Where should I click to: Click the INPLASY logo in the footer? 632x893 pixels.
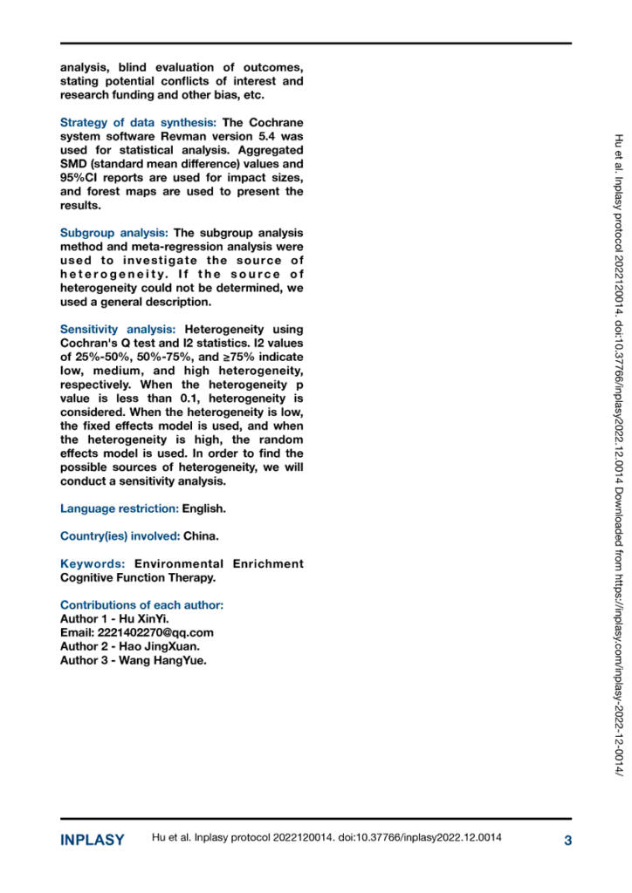pyautogui.click(x=92, y=841)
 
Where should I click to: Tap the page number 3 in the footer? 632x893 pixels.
pyautogui.click(x=567, y=841)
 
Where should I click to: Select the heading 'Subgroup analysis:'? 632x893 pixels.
pyautogui.click(x=114, y=233)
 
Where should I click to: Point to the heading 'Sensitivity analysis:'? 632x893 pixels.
pyautogui.click(x=118, y=329)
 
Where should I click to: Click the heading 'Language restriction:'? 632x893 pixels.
pyautogui.click(x=119, y=508)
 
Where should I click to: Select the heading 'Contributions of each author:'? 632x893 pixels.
pyautogui.click(x=141, y=604)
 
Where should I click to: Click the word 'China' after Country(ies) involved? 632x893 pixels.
pyautogui.click(x=200, y=535)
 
